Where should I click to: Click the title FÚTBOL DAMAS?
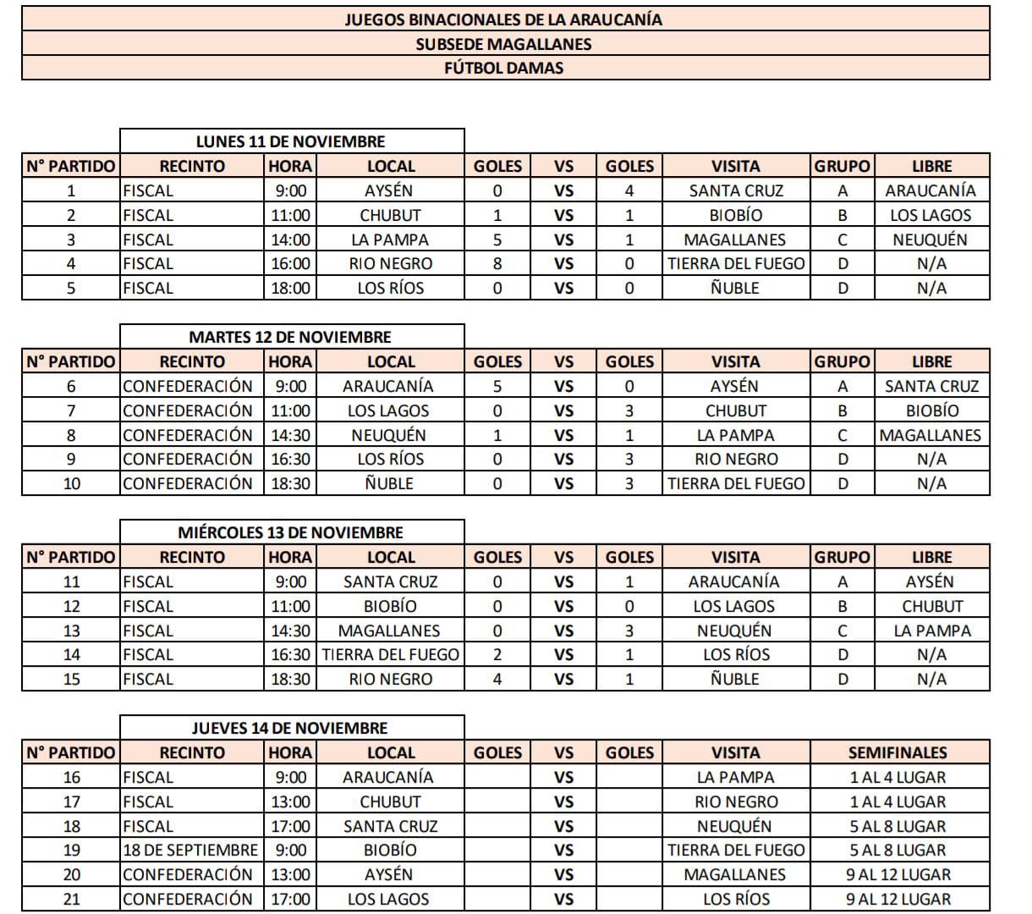coord(504,68)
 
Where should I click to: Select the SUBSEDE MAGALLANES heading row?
coord(504,44)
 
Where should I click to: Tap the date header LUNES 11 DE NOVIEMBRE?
coord(291,141)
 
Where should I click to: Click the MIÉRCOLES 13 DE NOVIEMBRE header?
coord(291,532)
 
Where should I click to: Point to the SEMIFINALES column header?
coord(898,752)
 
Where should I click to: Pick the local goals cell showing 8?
coord(497,263)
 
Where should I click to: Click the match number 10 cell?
coord(71,483)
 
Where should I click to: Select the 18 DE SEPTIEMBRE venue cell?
coord(191,850)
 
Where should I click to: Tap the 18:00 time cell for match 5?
coord(290,288)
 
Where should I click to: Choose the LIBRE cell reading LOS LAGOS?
coord(931,215)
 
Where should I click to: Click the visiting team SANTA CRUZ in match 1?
coord(736,190)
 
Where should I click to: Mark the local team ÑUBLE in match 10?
coord(390,483)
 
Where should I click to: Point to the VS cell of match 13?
coord(563,630)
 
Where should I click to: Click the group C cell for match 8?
coord(843,435)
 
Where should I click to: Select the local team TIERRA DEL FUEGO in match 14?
coord(390,654)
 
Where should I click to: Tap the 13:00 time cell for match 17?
coord(290,801)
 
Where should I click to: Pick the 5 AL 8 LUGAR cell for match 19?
coord(898,850)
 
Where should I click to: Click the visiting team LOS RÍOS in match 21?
coord(736,899)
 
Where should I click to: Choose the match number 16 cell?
coord(71,777)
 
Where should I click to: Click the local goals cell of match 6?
coord(497,386)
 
